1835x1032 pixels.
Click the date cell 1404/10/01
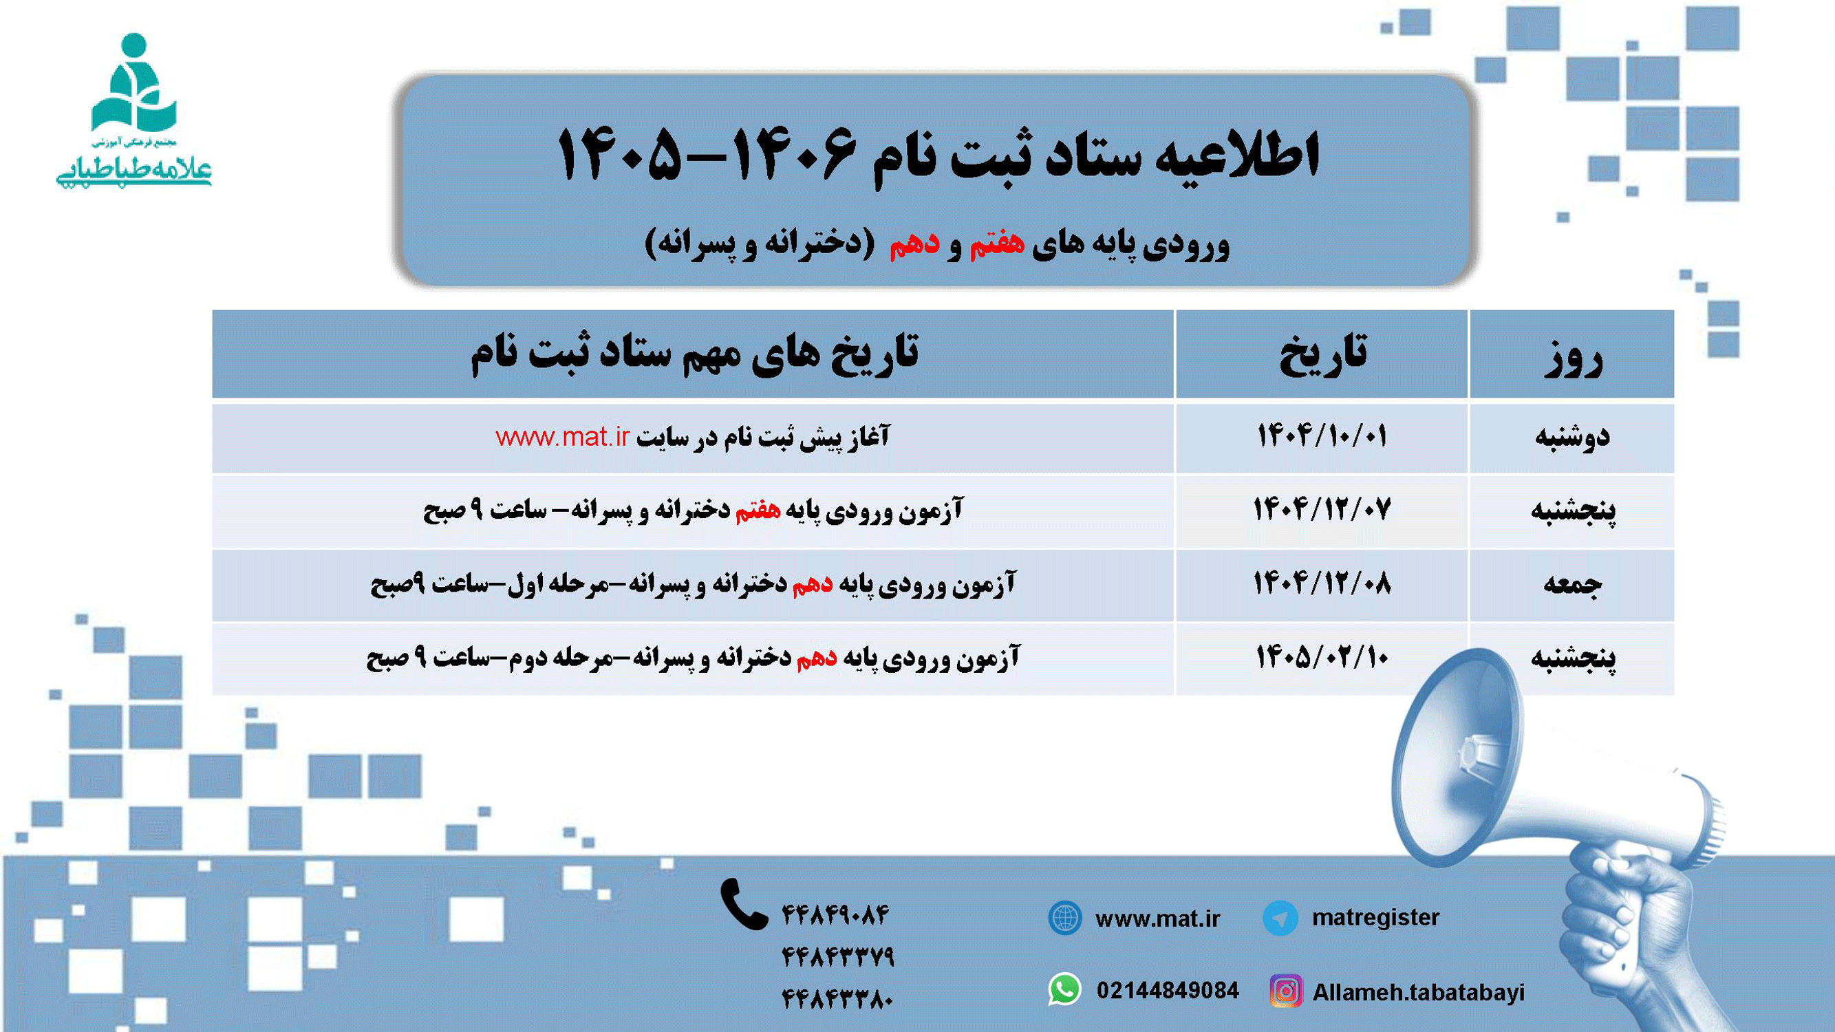point(1322,436)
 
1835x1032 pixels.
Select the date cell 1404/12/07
point(1322,510)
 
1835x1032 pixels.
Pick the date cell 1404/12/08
point(1322,584)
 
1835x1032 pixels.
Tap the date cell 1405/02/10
point(1322,657)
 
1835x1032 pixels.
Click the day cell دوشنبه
point(1571,437)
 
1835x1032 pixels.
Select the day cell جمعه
point(1571,585)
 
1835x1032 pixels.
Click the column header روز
point(1573,356)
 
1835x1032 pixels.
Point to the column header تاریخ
point(1322,354)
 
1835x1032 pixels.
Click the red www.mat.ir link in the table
point(562,437)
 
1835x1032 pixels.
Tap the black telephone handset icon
point(743,905)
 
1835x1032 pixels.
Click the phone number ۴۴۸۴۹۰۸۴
point(835,914)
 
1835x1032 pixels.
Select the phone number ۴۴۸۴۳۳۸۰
point(837,999)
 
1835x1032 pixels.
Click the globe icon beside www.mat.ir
point(1065,917)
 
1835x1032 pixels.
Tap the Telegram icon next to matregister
point(1279,917)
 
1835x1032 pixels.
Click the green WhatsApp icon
point(1065,990)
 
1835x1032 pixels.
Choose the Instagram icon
point(1286,991)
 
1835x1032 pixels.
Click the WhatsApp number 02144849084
point(1168,991)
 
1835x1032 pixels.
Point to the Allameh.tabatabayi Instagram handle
point(1418,992)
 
